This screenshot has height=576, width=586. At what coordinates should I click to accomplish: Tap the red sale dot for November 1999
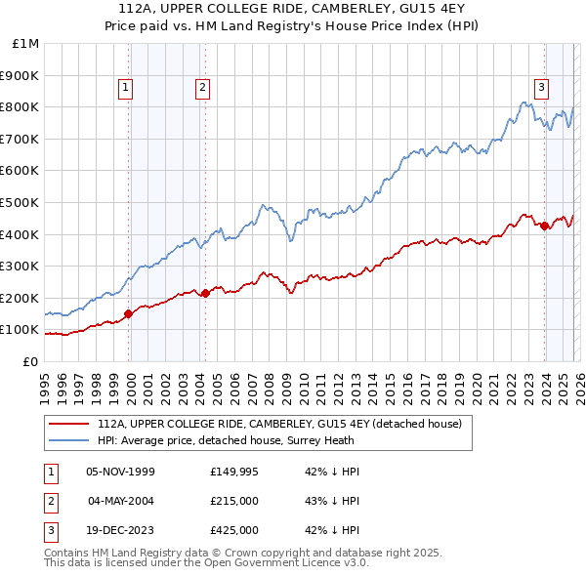click(129, 313)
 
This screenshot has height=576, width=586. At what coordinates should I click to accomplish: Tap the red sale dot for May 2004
click(205, 293)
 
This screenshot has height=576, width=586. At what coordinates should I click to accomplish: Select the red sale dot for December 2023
click(544, 226)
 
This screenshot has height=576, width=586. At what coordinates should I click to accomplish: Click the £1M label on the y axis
click(25, 43)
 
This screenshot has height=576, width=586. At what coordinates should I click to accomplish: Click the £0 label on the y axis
click(30, 361)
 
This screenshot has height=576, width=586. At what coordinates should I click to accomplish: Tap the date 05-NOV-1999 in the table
click(121, 472)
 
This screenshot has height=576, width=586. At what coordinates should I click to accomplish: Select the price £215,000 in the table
click(234, 501)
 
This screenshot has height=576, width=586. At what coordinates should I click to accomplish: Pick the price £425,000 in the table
click(234, 530)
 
